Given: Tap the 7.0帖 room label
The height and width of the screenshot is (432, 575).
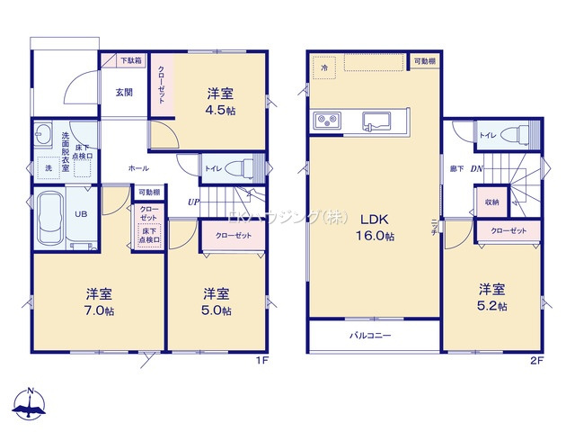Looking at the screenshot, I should pos(99,301).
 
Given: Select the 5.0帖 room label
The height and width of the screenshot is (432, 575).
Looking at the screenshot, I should pos(216,301).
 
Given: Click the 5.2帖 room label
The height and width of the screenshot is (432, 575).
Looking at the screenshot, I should pos(491,298).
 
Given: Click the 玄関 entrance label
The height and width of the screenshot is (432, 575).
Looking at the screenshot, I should pos(125,90).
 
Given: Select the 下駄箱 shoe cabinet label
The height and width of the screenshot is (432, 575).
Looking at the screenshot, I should pos(130,61).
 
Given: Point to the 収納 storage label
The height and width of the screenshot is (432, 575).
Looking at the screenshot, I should pos(491,202).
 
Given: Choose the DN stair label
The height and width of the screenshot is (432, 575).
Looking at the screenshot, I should pos(477,168).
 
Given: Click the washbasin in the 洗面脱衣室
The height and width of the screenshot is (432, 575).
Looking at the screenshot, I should pos(43,137).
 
